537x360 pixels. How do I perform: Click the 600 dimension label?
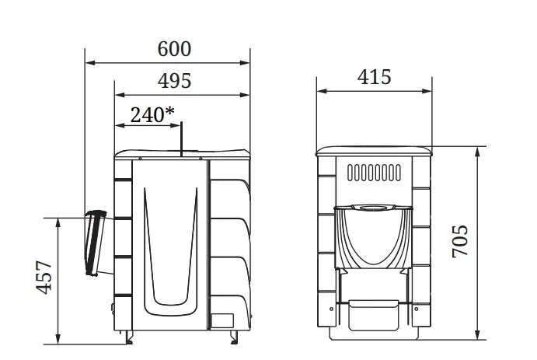tap(174, 49)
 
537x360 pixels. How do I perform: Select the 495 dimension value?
tap(174, 81)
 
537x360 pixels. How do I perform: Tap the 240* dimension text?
tap(152, 114)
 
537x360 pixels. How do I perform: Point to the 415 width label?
tap(374, 77)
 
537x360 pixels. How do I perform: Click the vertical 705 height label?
tap(460, 241)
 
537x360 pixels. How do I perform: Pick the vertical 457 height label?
tap(44, 278)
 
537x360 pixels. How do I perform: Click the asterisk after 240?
tap(169, 110)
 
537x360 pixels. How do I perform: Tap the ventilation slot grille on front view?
tap(374, 173)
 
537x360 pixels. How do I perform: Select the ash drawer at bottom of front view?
tap(374, 315)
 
